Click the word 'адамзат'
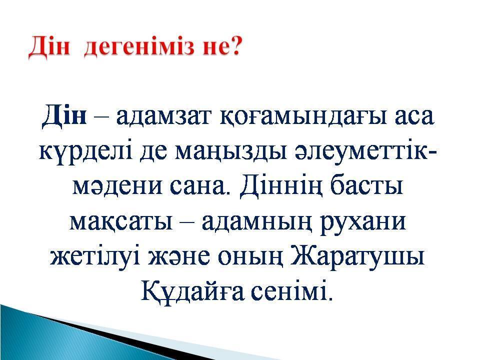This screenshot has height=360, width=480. [x=164, y=118]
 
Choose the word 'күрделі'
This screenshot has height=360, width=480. [x=87, y=153]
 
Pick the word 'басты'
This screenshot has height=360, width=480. [x=367, y=185]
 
